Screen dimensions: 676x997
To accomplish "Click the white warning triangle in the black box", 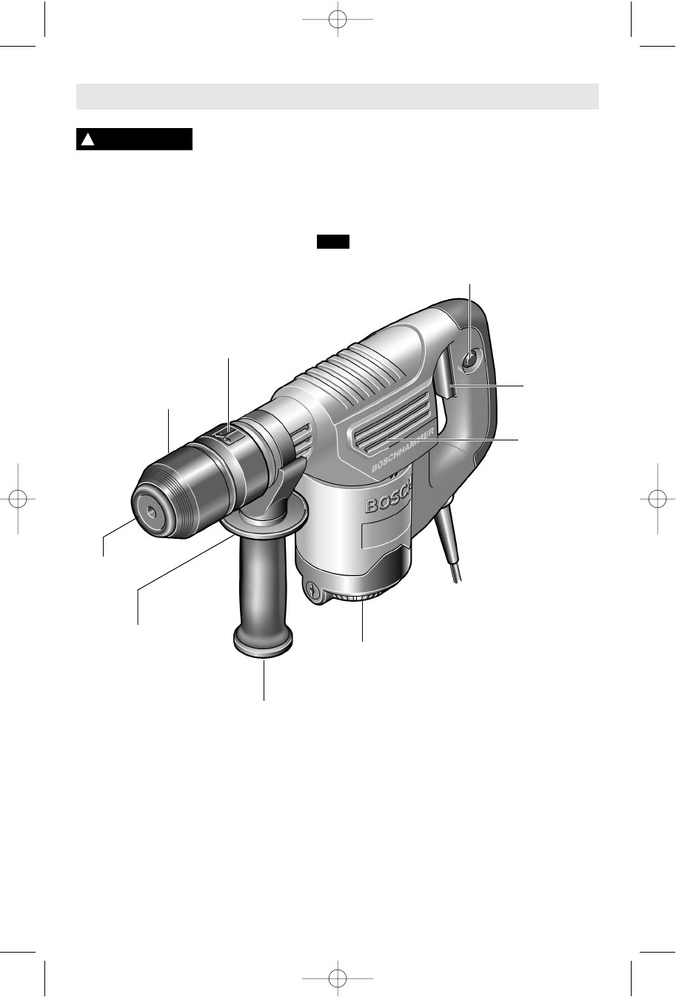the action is tap(87, 140).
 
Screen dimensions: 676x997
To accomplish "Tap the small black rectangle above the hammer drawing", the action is tap(333, 242).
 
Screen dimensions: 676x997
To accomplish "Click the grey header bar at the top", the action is tap(338, 96).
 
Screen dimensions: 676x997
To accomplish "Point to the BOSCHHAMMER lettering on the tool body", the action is tap(403, 451).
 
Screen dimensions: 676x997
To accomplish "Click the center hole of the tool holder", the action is tap(153, 512).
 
